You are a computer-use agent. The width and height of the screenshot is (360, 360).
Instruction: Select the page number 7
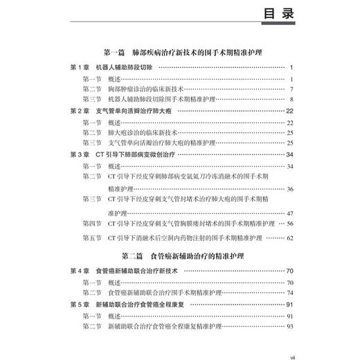tap(293, 89)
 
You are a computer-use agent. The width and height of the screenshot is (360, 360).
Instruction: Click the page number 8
tap(293, 100)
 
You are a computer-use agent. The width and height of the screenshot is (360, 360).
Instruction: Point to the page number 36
tap(291, 188)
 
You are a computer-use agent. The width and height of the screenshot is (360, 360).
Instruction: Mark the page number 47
tap(291, 212)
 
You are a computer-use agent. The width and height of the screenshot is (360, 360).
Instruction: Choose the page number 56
tap(291, 223)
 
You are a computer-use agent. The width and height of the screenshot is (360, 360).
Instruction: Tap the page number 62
tap(291, 237)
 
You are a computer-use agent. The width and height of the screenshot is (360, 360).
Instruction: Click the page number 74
tap(291, 293)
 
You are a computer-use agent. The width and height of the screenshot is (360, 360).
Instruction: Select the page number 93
tap(291, 325)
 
